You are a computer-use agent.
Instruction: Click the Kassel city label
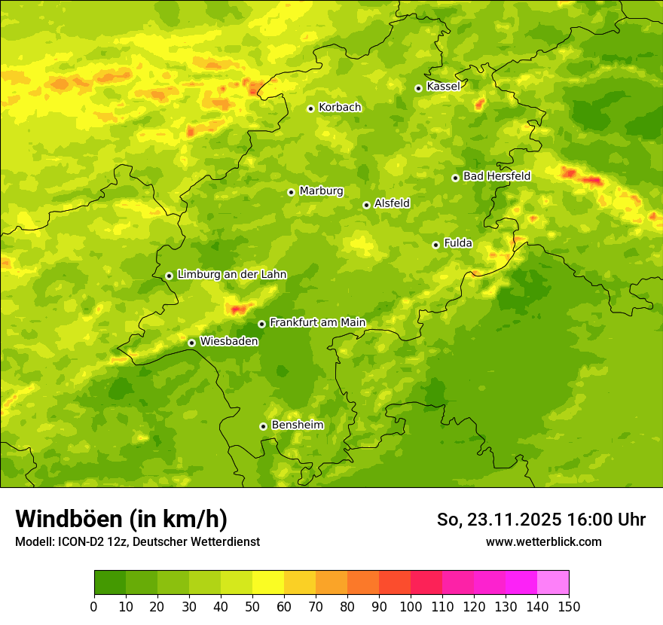(443, 87)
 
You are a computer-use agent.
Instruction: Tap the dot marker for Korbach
(310, 108)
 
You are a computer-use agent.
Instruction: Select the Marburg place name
(321, 191)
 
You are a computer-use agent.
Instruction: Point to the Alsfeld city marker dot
(366, 205)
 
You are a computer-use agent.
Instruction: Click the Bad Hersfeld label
(496, 176)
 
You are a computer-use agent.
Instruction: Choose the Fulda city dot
(435, 245)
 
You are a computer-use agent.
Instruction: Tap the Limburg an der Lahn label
(231, 275)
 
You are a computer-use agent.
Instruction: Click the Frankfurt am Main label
(317, 323)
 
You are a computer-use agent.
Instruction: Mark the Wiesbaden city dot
(191, 343)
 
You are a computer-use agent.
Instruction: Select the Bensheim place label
(297, 425)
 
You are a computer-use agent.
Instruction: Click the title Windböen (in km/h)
(121, 519)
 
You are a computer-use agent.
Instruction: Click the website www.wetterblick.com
(543, 542)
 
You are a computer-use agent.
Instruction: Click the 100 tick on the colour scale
(411, 606)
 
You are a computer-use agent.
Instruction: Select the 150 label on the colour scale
(569, 606)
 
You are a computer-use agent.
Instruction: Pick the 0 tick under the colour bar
(94, 606)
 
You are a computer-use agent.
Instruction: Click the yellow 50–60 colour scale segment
(268, 583)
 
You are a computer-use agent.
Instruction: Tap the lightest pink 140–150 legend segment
(553, 583)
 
